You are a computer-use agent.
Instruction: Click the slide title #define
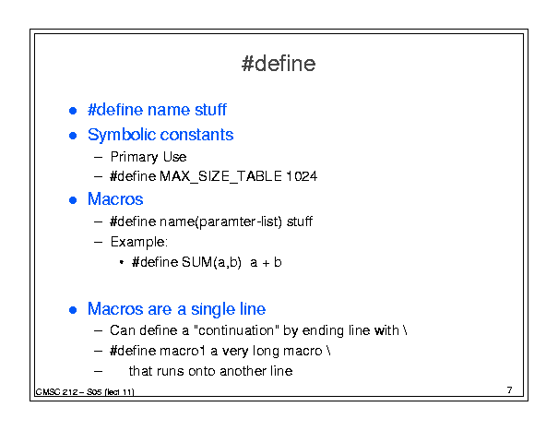click(279, 64)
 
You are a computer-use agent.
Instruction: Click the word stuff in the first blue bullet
click(210, 109)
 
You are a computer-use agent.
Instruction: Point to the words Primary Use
click(148, 157)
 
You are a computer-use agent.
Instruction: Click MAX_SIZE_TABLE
click(220, 176)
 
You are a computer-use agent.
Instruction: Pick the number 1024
click(301, 176)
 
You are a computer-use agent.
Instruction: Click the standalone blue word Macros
click(115, 199)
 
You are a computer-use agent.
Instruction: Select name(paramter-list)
click(220, 221)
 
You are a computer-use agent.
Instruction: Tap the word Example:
click(138, 242)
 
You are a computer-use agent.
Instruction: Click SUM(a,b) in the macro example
click(212, 262)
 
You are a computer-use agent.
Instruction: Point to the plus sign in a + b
click(266, 263)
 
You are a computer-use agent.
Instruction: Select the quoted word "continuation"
click(237, 330)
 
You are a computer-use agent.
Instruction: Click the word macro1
click(183, 352)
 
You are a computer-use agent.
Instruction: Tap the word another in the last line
click(243, 371)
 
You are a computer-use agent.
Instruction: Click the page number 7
click(510, 390)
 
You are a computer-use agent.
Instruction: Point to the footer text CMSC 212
click(56, 392)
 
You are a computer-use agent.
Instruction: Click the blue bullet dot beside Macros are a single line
click(73, 310)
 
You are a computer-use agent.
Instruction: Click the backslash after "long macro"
click(328, 351)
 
